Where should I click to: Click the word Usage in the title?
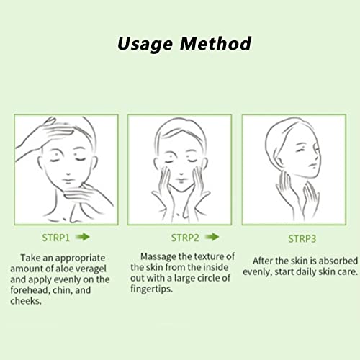tap(145, 45)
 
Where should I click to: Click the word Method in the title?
tap(215, 43)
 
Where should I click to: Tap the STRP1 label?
tap(55, 238)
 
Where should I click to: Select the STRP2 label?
tap(185, 238)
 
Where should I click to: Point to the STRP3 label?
tap(302, 239)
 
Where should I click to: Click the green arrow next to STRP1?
tap(83, 237)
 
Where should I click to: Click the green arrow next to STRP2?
tap(212, 237)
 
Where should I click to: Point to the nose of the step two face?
tap(181, 174)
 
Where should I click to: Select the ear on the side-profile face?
tap(279, 162)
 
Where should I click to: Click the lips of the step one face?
tap(68, 181)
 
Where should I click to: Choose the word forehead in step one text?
tap(30, 290)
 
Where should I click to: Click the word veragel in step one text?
tap(91, 269)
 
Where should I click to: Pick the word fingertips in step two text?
tap(151, 289)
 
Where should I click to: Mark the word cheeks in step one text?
tap(26, 301)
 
